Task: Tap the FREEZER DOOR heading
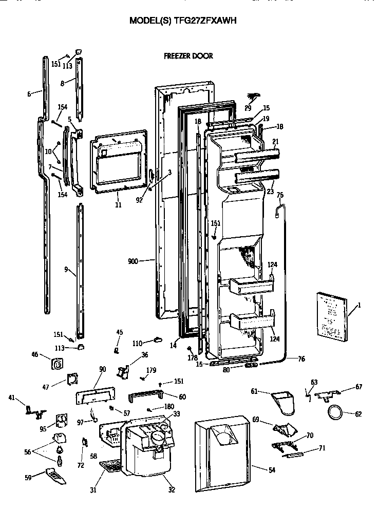coord(188,56)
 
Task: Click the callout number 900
coord(134,261)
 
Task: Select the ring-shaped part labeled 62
coord(334,412)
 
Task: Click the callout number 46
coord(35,355)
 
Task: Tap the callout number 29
coord(248,108)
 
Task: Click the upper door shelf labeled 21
coord(255,155)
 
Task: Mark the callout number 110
coord(137,343)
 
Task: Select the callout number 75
coord(280,195)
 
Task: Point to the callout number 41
coord(11,398)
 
